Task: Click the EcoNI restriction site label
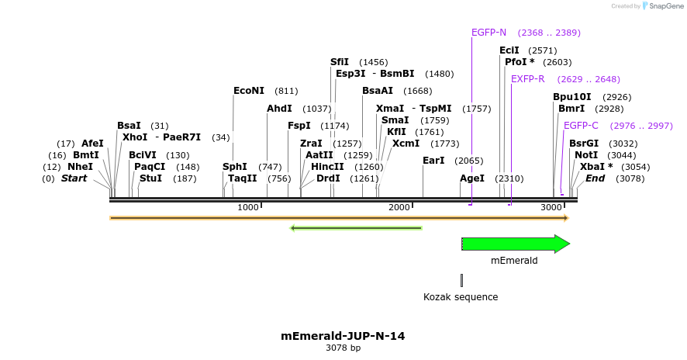click(249, 91)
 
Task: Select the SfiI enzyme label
click(340, 62)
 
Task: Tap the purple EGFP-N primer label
click(488, 33)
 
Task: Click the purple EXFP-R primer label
click(527, 79)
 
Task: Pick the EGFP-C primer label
click(581, 126)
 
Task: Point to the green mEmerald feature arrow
click(516, 244)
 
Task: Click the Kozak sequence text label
click(461, 297)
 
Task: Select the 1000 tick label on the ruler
click(248, 207)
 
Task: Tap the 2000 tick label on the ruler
click(399, 207)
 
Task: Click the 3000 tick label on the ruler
click(551, 207)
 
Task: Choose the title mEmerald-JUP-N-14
click(343, 337)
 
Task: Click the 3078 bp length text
click(343, 348)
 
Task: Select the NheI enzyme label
click(80, 167)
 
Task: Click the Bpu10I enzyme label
click(572, 97)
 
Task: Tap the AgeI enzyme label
click(472, 178)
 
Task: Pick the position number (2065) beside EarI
click(469, 161)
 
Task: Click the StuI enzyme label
click(151, 178)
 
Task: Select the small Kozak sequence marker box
click(461, 280)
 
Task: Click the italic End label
click(596, 178)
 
